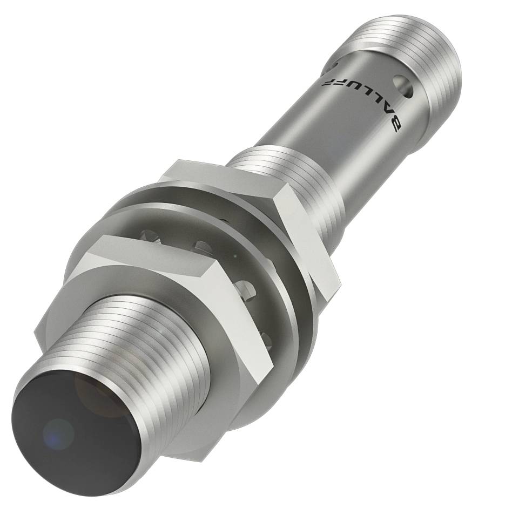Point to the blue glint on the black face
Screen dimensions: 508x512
click(x=58, y=432)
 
